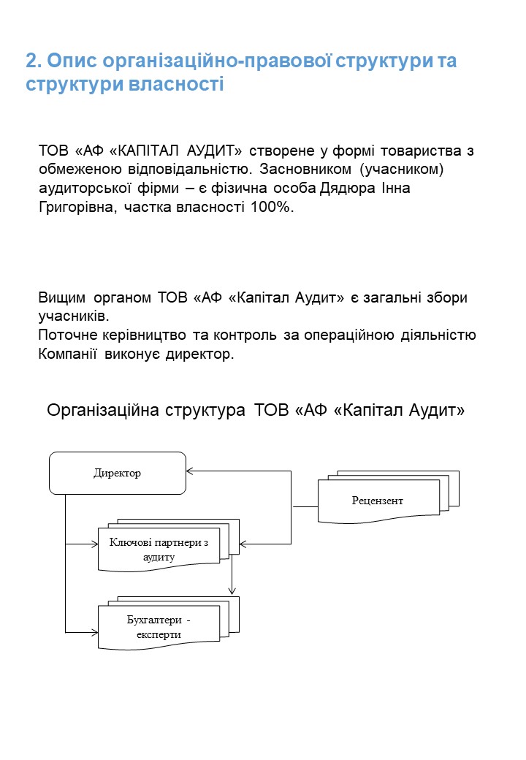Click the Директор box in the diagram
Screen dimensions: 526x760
[118, 473]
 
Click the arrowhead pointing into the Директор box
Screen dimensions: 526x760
[189, 471]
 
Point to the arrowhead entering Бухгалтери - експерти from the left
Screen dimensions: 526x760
[95, 632]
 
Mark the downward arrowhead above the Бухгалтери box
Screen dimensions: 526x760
[232, 591]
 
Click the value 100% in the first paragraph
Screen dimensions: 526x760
[272, 207]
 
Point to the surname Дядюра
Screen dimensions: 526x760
[347, 189]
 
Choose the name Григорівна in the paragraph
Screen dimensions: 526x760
[77, 208]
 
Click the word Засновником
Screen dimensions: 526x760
[305, 169]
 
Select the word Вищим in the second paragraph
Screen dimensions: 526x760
[61, 297]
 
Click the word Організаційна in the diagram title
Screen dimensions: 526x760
[103, 411]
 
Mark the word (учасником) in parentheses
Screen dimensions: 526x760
[402, 170]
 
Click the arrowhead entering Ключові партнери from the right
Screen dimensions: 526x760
[243, 544]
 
